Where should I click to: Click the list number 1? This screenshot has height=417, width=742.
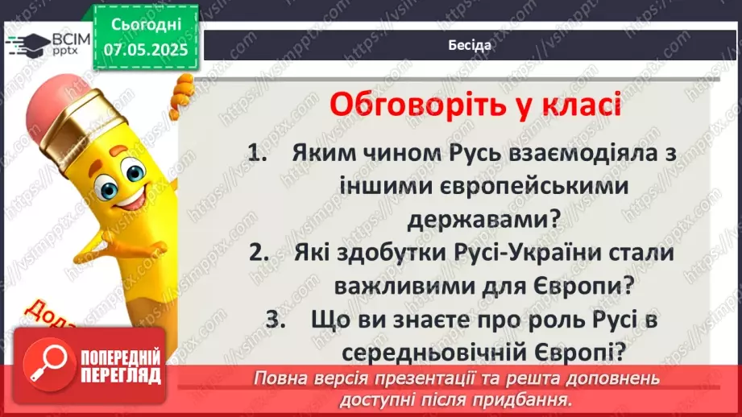(257, 154)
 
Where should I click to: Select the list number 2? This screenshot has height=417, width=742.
(257, 252)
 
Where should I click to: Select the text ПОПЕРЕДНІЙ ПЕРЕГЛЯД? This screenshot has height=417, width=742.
(121, 367)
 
